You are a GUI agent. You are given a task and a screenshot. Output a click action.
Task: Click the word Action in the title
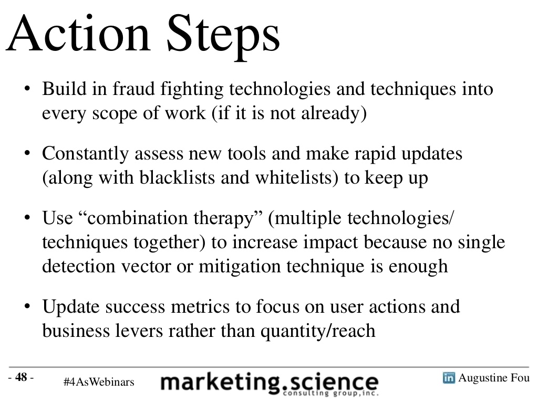(x=78, y=34)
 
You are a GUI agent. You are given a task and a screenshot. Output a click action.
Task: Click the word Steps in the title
(x=223, y=37)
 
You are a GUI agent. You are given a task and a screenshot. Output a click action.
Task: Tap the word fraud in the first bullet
(x=134, y=89)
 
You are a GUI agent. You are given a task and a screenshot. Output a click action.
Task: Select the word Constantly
(x=86, y=154)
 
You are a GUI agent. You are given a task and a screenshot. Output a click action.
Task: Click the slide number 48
(x=21, y=377)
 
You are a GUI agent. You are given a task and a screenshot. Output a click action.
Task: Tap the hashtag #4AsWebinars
(x=99, y=382)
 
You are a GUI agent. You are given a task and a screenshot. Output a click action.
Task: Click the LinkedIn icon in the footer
(x=449, y=378)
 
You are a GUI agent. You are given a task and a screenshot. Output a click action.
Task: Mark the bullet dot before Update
(x=27, y=306)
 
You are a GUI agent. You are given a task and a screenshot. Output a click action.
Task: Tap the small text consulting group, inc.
(x=331, y=394)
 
